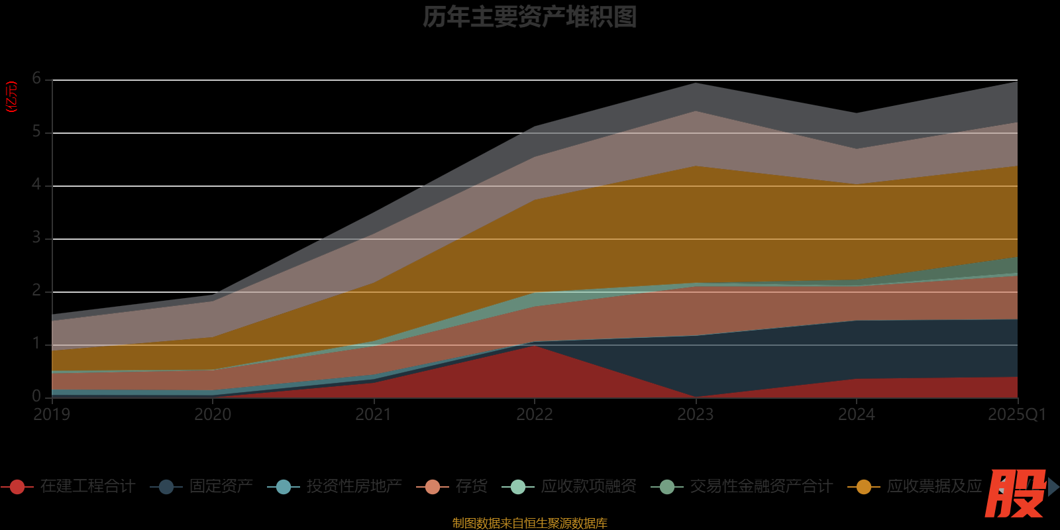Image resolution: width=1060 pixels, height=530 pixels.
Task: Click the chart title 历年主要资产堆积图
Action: [x=529, y=17]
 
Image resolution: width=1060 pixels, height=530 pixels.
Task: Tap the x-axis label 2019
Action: [x=52, y=415]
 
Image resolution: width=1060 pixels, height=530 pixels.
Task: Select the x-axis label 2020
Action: [x=213, y=415]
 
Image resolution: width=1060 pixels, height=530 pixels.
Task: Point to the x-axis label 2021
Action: [x=374, y=415]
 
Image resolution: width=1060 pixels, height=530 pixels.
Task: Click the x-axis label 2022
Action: [x=535, y=415]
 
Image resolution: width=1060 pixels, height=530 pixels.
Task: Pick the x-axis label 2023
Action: [x=695, y=415]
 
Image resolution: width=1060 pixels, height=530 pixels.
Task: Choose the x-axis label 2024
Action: [x=856, y=415]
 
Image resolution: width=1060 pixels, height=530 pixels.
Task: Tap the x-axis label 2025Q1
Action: [x=1016, y=415]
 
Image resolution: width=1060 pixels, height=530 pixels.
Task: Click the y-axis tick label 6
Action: [x=37, y=79]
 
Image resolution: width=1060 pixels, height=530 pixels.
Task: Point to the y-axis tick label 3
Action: [x=37, y=238]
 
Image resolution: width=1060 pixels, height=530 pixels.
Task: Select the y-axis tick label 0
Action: [x=37, y=396]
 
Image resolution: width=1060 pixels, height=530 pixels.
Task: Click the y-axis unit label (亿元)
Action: [x=11, y=97]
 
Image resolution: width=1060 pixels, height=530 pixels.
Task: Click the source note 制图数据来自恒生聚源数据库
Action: [x=529, y=523]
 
